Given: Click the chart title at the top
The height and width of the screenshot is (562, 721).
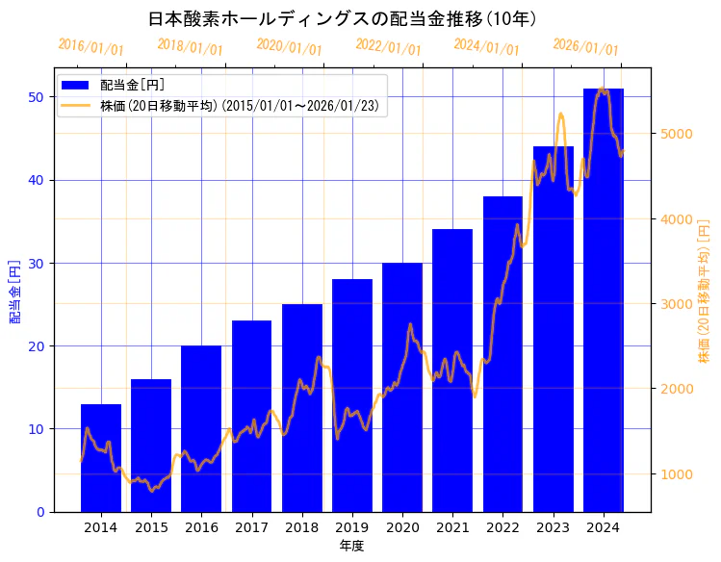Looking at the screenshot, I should [x=343, y=18].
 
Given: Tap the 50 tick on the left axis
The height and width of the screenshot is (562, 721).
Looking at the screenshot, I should [x=38, y=97].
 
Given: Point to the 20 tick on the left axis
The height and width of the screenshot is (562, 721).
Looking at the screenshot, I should [x=38, y=346].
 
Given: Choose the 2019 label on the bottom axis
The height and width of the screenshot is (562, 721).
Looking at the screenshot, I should [x=352, y=527].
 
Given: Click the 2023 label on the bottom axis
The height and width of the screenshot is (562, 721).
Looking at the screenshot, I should [x=554, y=527].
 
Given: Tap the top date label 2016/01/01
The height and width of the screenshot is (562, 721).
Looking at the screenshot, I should [x=90, y=47].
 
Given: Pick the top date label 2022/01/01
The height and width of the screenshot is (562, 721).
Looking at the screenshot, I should [x=388, y=47].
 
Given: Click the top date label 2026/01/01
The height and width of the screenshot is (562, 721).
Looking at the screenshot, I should [x=585, y=47].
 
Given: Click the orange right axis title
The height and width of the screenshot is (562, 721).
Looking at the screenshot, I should [x=704, y=290].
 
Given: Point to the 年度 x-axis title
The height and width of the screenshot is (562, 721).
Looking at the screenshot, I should [x=351, y=547].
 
